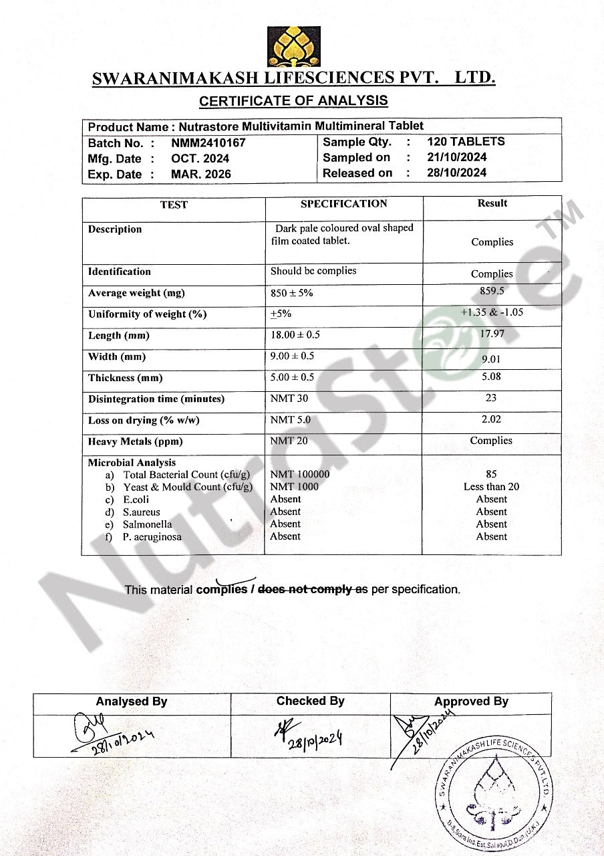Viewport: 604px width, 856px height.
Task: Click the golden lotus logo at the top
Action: click(293, 47)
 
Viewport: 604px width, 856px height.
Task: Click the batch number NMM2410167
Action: click(208, 142)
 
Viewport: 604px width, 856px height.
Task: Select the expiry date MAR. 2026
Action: click(200, 174)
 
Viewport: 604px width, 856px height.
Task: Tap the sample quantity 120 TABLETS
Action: click(466, 141)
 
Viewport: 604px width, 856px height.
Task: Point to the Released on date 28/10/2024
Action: click(457, 173)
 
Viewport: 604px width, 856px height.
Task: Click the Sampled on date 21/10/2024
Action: click(457, 157)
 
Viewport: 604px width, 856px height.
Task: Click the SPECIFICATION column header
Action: click(343, 203)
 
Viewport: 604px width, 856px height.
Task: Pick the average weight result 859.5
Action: click(492, 291)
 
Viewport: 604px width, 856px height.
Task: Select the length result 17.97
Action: click(492, 333)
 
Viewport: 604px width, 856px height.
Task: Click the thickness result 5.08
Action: click(491, 377)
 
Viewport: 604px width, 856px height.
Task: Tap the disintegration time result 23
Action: click(491, 398)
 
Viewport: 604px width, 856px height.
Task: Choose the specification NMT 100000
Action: click(299, 474)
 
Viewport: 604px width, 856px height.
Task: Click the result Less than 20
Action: click(491, 487)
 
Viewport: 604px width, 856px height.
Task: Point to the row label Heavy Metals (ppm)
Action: click(135, 441)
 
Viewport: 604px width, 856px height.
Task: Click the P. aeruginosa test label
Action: click(152, 536)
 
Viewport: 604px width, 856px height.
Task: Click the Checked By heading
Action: click(310, 701)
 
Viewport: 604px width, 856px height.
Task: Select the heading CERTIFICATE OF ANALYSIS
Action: click(293, 101)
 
